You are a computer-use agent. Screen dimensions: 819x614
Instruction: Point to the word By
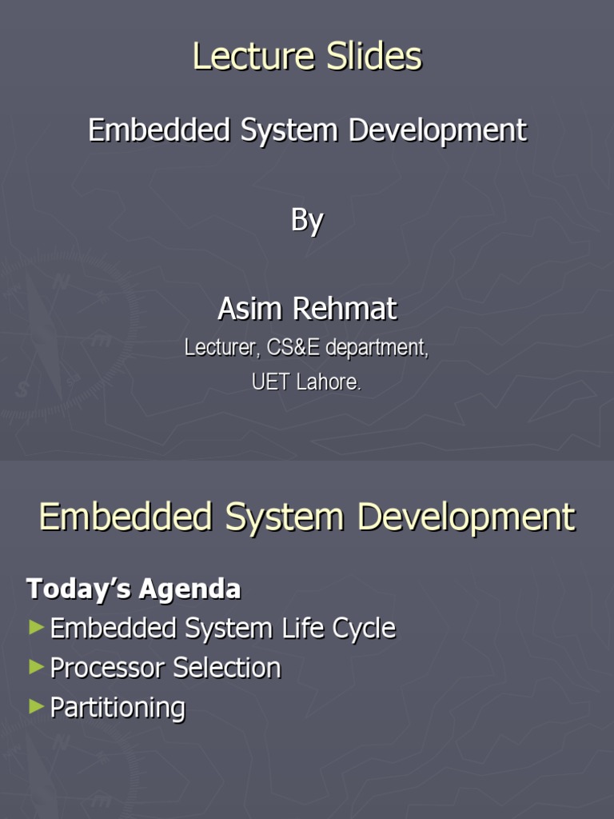306,220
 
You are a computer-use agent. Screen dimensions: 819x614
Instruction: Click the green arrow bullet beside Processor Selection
36,666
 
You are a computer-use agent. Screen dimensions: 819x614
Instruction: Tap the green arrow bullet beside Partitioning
36,705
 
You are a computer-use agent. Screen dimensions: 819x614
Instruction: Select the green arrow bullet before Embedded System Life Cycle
36,627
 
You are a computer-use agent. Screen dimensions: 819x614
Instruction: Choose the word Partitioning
118,708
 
